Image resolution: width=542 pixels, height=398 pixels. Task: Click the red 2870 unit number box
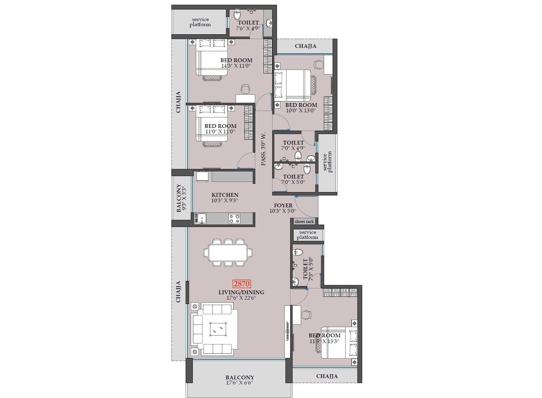[241, 284]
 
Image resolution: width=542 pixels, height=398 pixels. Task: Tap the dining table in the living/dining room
[228, 252]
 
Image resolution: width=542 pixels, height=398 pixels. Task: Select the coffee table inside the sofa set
[218, 329]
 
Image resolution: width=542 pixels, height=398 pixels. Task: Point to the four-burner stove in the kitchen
[234, 219]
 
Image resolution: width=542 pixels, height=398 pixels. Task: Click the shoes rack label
[304, 222]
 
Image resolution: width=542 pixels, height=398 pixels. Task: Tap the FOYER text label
[283, 205]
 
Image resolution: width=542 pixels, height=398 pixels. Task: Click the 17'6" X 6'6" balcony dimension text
[240, 383]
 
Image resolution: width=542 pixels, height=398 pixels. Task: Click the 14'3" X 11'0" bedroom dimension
[236, 66]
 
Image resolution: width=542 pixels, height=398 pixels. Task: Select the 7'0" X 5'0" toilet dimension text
[293, 182]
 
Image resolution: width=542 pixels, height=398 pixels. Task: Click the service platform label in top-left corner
[200, 22]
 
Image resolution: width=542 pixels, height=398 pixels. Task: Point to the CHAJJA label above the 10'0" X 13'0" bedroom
[305, 46]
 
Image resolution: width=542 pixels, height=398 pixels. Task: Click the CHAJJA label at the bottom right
[326, 376]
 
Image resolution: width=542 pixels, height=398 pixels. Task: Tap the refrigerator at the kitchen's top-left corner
[202, 177]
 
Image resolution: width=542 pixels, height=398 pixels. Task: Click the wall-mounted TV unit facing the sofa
[288, 331]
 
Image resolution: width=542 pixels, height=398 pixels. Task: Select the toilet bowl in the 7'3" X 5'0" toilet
[298, 252]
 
